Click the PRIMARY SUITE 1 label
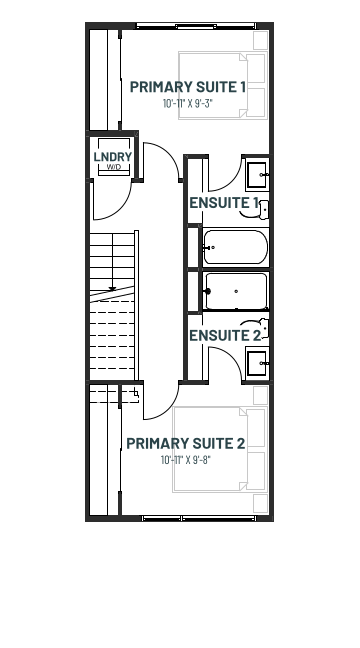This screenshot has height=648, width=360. tap(188, 87)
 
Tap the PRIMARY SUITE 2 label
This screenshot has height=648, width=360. tap(186, 443)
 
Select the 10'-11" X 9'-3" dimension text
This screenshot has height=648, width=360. tap(188, 103)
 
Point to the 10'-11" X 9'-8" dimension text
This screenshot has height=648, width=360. tap(186, 460)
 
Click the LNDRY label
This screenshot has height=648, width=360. tap(113, 157)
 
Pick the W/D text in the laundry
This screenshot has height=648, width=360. tap(114, 167)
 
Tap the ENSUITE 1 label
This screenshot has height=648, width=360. tap(224, 203)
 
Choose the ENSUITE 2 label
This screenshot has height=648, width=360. tap(225, 336)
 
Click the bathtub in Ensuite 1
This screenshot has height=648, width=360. tap(236, 247)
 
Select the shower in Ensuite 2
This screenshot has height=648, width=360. tap(236, 291)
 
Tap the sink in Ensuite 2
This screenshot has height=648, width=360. tap(257, 363)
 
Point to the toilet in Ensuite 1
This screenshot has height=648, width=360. tap(257, 211)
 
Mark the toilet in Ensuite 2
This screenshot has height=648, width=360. tap(257, 328)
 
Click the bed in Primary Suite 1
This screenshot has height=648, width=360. tap(223, 86)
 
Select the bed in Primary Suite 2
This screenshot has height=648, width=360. tap(220, 449)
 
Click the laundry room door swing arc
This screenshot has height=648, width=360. tap(122, 209)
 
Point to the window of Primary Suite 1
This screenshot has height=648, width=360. tap(196, 26)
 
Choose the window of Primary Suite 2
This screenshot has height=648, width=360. tap(199, 518)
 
